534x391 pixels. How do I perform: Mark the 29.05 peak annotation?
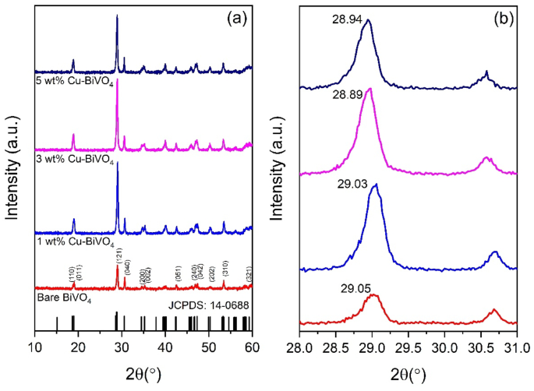click(341, 287)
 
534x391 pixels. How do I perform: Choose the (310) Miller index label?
click(224, 274)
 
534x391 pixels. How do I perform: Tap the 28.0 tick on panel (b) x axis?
click(300, 344)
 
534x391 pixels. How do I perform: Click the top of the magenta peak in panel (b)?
click(369, 89)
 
